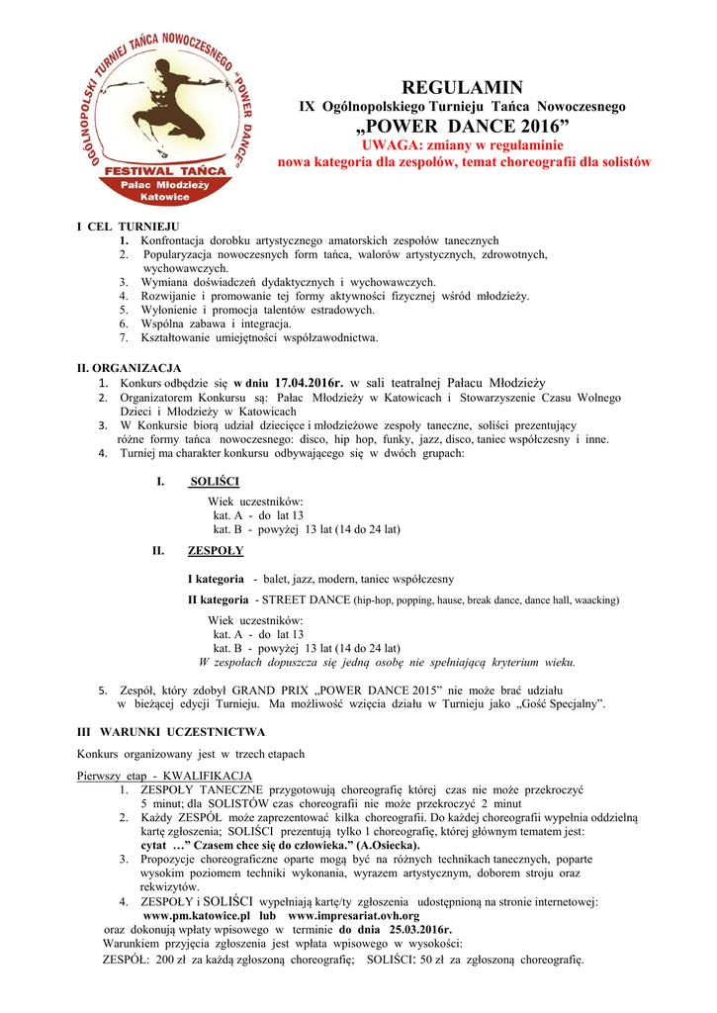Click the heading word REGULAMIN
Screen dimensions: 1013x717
click(x=463, y=87)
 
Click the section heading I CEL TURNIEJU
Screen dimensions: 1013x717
click(x=129, y=227)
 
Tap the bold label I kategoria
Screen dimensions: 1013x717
click(x=216, y=579)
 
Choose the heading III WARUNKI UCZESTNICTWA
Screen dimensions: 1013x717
click(x=171, y=732)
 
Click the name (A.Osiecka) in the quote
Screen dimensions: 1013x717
click(x=389, y=846)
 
